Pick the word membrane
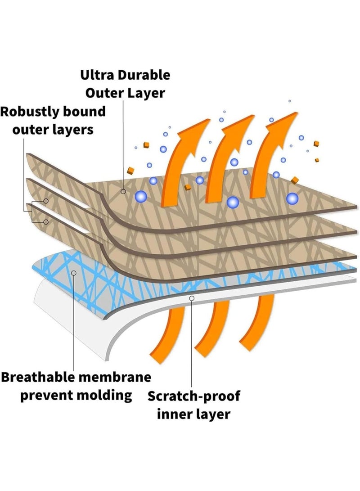click(121, 377)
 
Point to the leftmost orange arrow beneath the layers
click(165, 333)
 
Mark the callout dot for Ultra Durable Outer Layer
click(123, 192)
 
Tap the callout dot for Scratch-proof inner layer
click(192, 298)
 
